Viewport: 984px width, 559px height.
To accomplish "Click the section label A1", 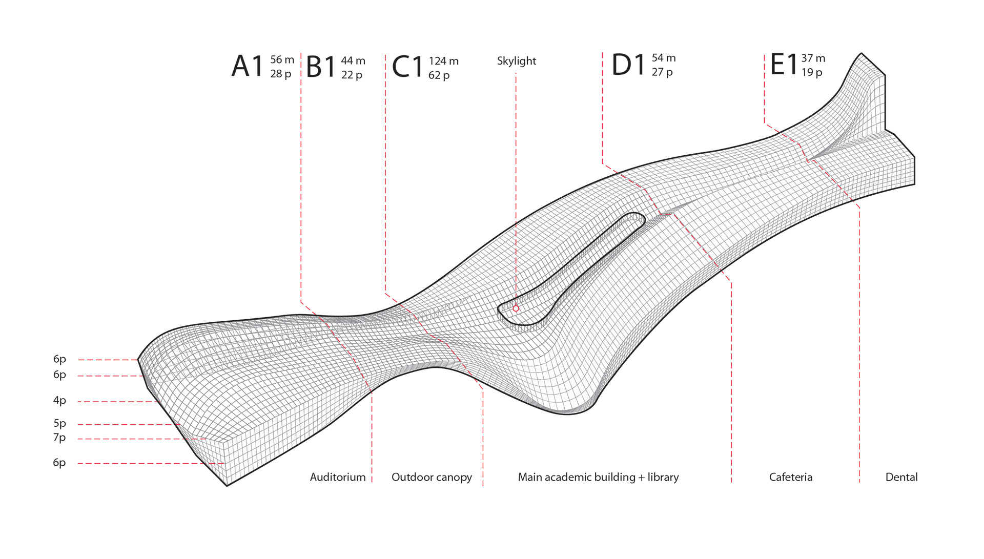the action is click(x=247, y=67).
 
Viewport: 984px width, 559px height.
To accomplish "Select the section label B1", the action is click(x=321, y=68).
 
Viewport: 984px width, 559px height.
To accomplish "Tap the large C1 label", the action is click(x=407, y=68).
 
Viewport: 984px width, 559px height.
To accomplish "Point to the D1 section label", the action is click(x=628, y=66).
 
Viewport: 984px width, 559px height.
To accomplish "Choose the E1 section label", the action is click(x=784, y=65).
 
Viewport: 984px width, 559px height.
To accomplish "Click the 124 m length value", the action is click(x=443, y=61).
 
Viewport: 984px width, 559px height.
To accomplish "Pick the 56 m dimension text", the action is click(x=282, y=60).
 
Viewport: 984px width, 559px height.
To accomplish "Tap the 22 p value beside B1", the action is click(x=352, y=75).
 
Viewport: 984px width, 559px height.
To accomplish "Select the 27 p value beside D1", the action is click(x=662, y=72).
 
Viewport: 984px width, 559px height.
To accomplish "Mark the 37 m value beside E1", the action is click(x=813, y=58).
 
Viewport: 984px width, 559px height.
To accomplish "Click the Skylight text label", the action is click(x=516, y=61).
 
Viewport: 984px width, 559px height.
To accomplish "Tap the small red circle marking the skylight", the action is click(x=516, y=308).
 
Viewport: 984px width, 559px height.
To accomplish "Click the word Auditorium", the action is click(x=338, y=478).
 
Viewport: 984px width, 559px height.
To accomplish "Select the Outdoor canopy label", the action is click(x=432, y=478).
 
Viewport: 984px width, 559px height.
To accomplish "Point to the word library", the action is click(x=663, y=478).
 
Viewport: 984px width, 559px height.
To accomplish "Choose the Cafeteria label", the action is click(x=790, y=478).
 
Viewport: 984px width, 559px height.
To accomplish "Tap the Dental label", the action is click(x=901, y=478).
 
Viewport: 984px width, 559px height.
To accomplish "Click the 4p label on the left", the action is click(x=59, y=401).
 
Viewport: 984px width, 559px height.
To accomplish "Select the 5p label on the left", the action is click(x=59, y=424).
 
